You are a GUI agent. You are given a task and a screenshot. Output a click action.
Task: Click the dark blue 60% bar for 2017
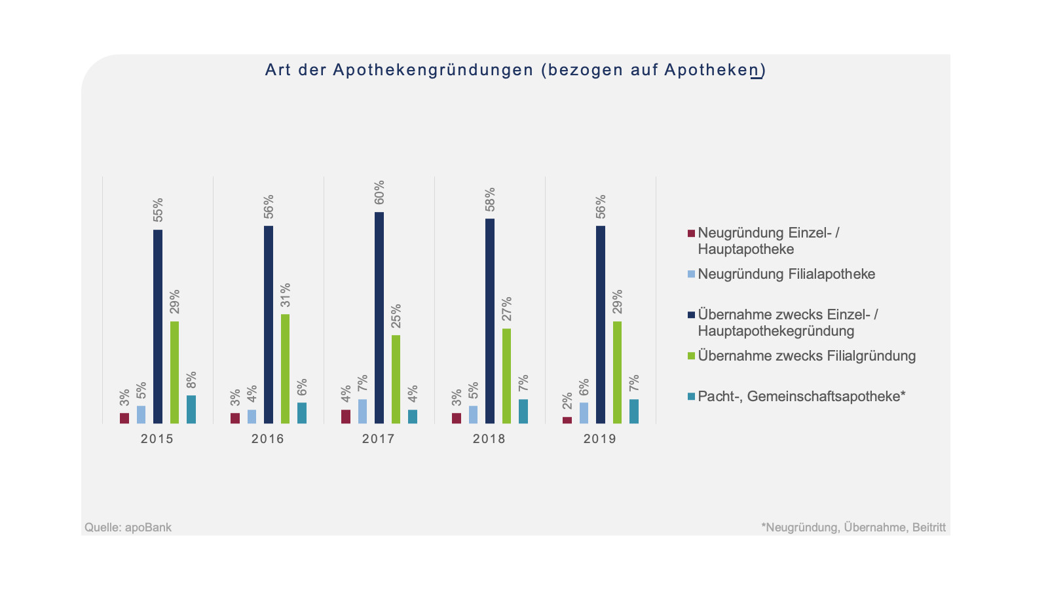point(379,317)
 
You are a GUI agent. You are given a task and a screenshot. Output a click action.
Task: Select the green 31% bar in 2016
point(285,368)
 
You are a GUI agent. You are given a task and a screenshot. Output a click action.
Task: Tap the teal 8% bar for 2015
point(191,409)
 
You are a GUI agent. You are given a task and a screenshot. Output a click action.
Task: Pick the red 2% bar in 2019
point(567,420)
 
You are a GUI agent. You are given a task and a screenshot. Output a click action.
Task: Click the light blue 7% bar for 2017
point(362,411)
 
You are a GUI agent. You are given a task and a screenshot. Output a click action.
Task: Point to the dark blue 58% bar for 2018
point(490,321)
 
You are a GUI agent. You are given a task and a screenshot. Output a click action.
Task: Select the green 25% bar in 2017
point(396,379)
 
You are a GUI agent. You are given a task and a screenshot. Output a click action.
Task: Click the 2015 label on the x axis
point(157,438)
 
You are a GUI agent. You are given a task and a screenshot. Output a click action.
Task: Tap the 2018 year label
point(489,438)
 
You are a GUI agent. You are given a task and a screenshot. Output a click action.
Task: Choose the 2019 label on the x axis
point(600,438)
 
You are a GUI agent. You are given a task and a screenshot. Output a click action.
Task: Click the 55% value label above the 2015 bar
point(158,210)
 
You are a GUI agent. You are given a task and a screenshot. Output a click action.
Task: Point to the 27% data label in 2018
point(507,309)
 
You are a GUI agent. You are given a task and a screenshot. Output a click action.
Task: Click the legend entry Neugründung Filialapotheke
point(786,274)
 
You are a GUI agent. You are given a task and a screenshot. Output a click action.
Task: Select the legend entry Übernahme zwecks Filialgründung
point(806,356)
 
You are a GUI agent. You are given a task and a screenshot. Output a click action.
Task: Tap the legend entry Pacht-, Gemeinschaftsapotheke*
point(801,397)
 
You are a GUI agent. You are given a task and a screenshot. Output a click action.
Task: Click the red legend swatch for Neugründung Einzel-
point(691,234)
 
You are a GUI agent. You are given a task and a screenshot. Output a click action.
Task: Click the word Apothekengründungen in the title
point(434,70)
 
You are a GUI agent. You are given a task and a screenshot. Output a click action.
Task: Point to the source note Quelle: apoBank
point(128,527)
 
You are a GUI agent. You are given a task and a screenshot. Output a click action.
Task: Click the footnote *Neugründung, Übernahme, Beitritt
point(853,527)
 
